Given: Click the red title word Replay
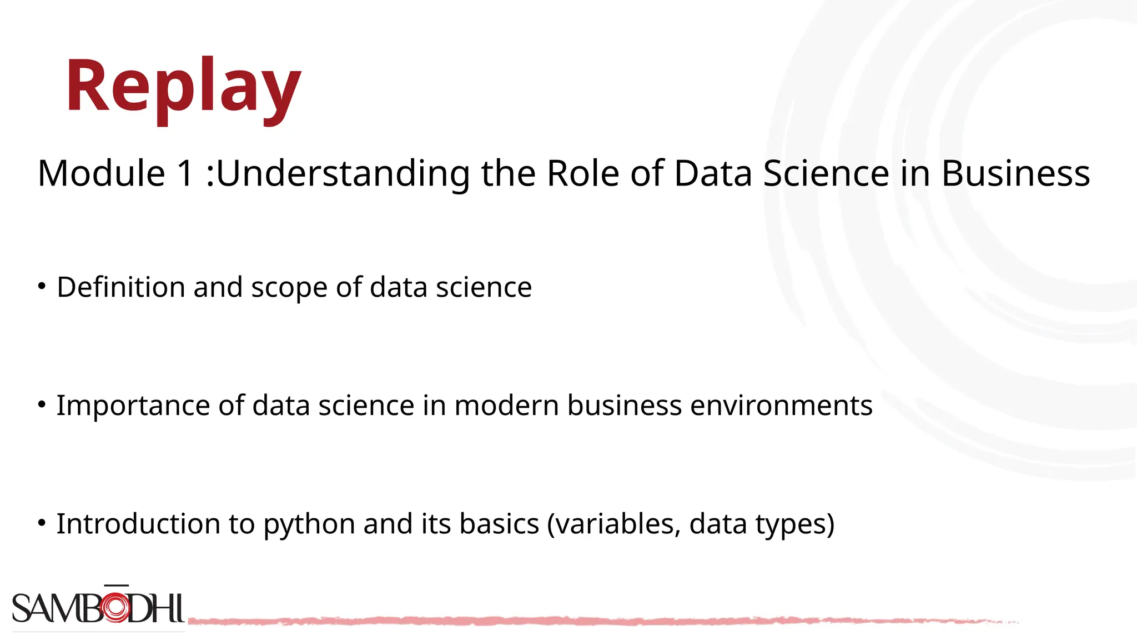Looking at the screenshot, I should coord(183,88).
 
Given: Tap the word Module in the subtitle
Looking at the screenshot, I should coord(101,173).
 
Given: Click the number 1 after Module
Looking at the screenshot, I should coord(185,173).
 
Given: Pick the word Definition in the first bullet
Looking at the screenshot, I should coord(120,287).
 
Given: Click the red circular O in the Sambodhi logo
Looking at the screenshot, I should coord(116,608).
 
